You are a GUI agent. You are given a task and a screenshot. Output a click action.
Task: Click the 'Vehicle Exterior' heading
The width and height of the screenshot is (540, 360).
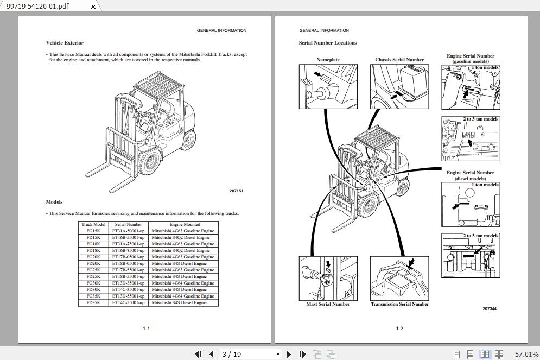tap(65, 43)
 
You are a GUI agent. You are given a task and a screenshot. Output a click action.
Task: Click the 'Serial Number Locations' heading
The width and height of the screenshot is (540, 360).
tap(327, 43)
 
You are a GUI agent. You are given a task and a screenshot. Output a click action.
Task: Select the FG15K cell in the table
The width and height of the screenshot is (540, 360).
tap(93, 231)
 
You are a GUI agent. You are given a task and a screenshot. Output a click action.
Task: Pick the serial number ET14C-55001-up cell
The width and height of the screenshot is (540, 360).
tap(128, 302)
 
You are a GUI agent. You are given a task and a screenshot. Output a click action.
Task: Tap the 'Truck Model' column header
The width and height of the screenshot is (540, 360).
tap(93, 224)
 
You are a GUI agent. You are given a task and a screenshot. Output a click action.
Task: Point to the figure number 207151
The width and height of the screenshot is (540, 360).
tap(236, 191)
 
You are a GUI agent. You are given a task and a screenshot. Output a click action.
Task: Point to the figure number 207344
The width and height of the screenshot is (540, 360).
tap(490, 308)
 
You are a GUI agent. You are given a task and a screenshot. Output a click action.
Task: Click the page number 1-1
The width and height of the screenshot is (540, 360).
tap(146, 329)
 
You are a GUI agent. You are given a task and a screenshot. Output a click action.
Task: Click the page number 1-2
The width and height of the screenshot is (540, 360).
tap(399, 329)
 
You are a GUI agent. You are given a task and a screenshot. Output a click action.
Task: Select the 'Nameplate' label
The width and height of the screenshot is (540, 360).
tap(328, 60)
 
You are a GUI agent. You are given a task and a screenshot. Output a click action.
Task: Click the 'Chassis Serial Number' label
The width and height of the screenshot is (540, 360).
tap(399, 60)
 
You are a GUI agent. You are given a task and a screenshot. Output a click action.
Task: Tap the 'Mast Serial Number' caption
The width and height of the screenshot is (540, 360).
tap(328, 304)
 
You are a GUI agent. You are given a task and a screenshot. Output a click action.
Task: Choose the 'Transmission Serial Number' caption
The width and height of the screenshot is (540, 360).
tap(399, 304)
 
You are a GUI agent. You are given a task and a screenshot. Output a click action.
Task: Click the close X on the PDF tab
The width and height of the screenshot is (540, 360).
tap(93, 7)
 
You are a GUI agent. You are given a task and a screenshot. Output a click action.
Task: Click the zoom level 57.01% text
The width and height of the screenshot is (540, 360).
tap(526, 354)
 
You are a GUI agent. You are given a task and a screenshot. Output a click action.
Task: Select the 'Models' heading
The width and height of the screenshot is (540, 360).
tap(54, 202)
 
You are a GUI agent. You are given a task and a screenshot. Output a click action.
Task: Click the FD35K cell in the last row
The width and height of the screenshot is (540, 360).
tap(93, 302)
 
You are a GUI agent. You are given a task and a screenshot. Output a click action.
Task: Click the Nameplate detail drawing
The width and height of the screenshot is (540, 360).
tap(328, 86)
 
